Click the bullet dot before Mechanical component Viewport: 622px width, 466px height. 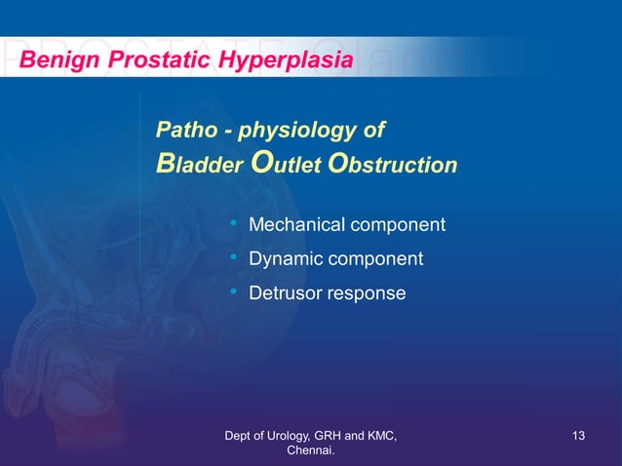click(x=234, y=225)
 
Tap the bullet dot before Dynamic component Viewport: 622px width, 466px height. click(x=234, y=258)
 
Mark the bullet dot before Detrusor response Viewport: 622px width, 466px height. click(x=234, y=291)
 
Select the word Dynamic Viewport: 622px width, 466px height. click(x=285, y=259)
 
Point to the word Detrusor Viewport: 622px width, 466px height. click(x=286, y=292)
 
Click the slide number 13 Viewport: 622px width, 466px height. click(x=578, y=435)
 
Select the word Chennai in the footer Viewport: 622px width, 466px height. click(x=310, y=451)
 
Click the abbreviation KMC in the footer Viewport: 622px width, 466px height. click(x=376, y=435)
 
